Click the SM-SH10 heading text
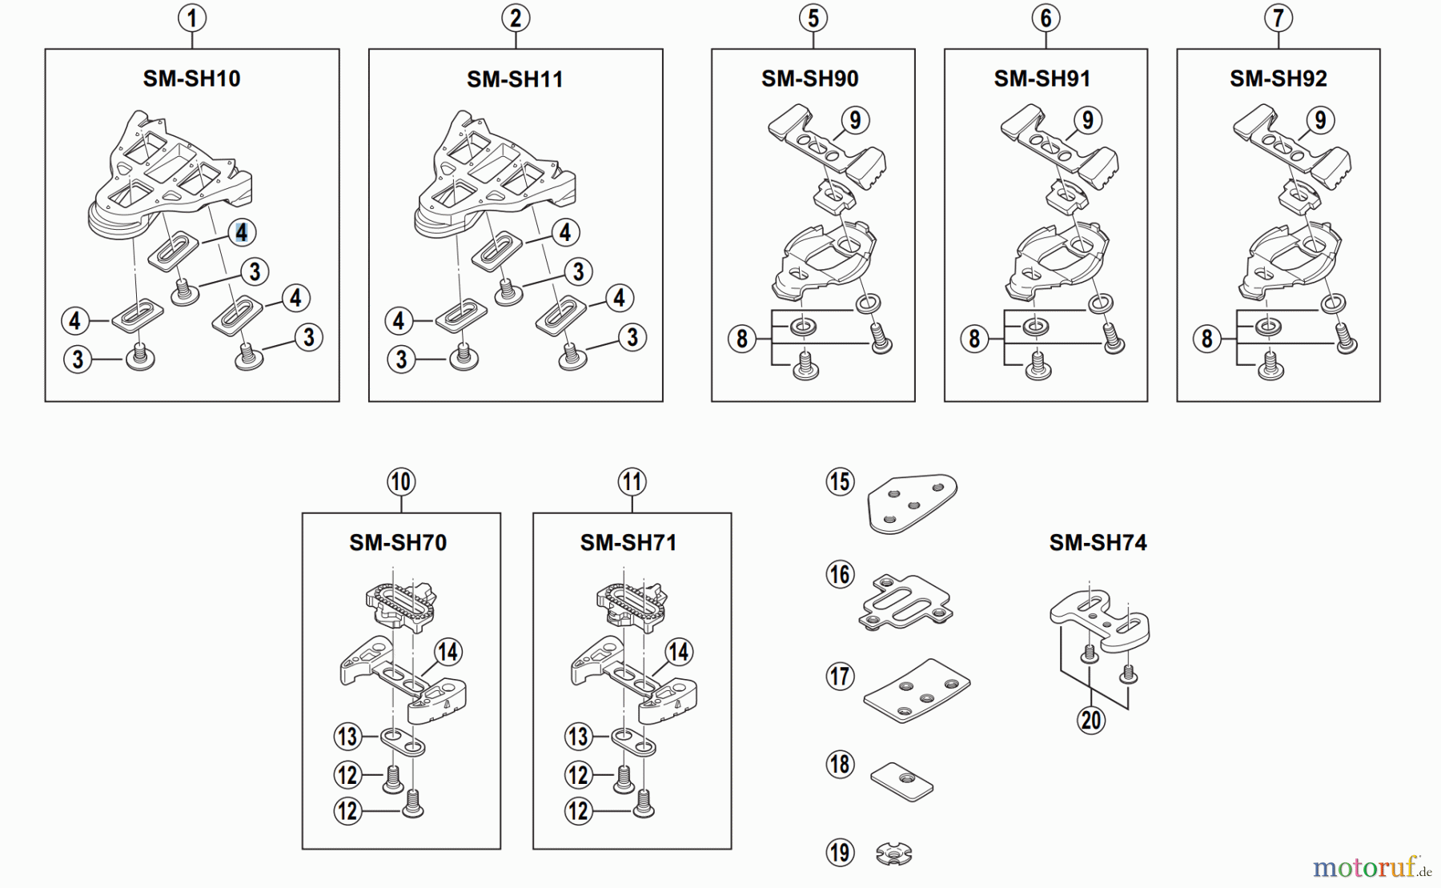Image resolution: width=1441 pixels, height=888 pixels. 191,78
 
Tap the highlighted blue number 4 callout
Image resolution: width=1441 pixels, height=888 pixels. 241,232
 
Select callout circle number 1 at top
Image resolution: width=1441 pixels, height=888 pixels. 191,18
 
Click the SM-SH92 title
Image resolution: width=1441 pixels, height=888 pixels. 1278,78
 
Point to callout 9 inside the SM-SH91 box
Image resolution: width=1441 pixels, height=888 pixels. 1086,120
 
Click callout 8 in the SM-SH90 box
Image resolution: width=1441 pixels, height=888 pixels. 741,339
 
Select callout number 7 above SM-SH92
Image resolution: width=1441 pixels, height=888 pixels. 1278,18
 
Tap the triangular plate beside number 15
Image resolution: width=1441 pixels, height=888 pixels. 912,502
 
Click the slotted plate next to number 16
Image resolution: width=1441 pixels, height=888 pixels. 905,602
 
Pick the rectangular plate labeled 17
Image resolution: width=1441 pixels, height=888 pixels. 917,690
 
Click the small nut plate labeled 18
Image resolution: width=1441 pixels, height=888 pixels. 902,779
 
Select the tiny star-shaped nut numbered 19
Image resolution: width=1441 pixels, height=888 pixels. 893,854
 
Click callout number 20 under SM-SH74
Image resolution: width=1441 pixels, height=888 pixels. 1091,720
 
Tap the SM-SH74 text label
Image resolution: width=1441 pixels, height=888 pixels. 1098,543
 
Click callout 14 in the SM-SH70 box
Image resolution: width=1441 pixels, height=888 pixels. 447,652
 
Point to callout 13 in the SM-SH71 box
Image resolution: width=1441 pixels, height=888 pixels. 578,736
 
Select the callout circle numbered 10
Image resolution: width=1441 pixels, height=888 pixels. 400,482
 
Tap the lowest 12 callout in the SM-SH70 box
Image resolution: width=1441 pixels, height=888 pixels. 347,811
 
